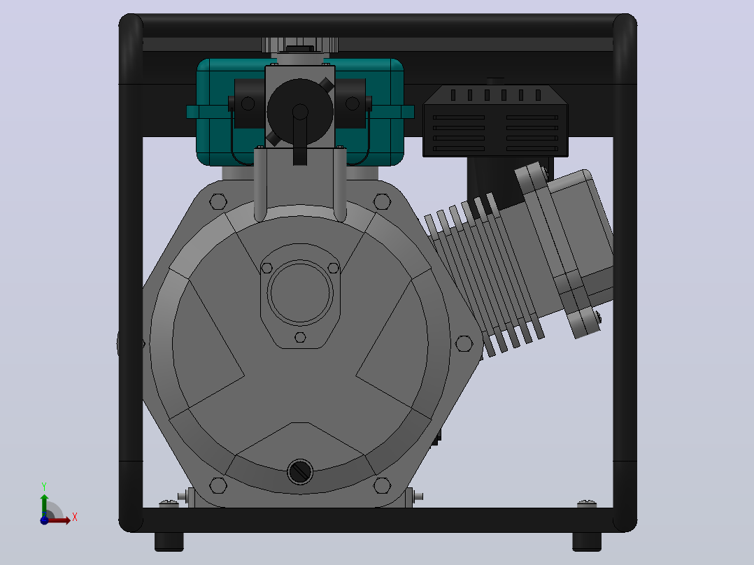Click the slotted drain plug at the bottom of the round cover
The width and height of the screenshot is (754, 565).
click(x=300, y=472)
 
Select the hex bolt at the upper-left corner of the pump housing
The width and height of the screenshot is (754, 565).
click(x=218, y=201)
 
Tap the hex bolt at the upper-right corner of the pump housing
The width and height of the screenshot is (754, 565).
click(x=382, y=201)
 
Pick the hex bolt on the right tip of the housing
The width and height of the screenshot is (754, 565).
click(x=464, y=343)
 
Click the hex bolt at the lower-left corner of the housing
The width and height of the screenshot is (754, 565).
click(x=218, y=485)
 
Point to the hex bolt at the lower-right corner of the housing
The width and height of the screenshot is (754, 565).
click(x=382, y=485)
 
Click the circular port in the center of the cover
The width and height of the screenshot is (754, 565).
click(x=300, y=293)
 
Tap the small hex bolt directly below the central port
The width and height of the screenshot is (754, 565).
click(x=300, y=337)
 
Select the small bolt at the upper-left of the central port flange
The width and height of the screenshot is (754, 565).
click(x=267, y=268)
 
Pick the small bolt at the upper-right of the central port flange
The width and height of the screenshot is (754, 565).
click(x=333, y=268)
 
